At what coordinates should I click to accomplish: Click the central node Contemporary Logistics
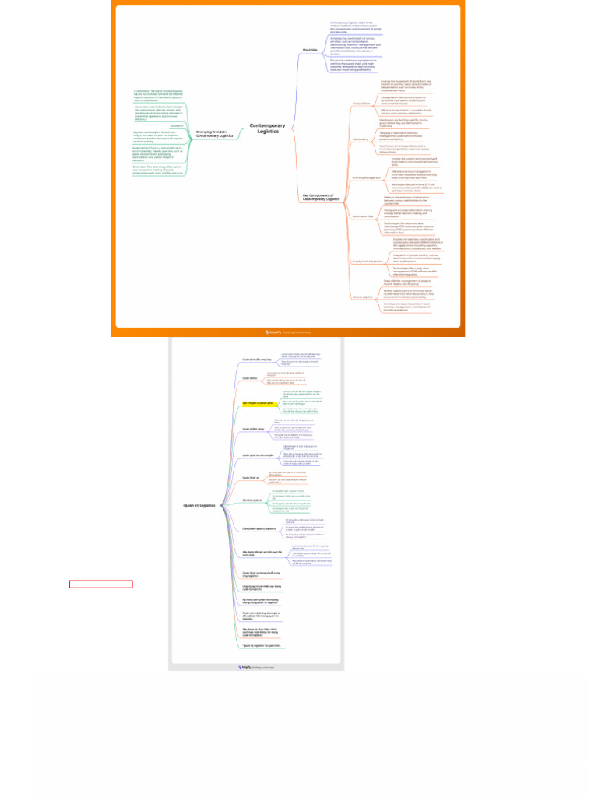267,128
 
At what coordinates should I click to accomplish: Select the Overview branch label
310,50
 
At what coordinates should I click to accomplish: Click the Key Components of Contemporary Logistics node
322,198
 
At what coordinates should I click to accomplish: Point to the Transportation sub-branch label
361,103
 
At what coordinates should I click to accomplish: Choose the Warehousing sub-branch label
361,139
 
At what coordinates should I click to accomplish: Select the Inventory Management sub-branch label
365,177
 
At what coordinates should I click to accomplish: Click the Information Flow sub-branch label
362,216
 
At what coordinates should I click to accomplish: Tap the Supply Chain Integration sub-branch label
368,261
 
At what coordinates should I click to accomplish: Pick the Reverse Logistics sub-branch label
363,297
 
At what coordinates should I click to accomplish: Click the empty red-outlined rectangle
100,584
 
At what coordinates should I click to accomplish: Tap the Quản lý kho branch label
249,377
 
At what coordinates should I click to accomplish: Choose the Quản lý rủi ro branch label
251,478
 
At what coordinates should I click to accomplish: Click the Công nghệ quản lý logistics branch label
259,528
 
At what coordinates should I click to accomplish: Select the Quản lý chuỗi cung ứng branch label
255,360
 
